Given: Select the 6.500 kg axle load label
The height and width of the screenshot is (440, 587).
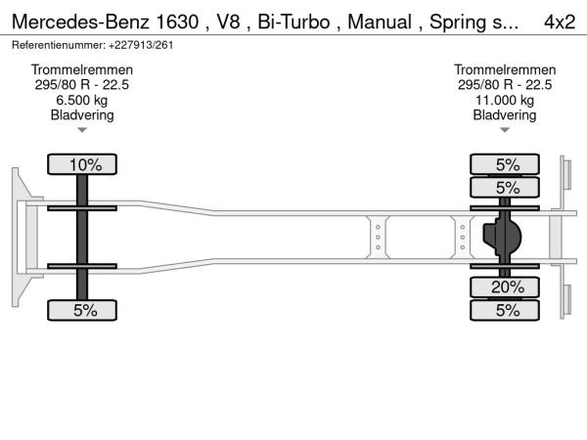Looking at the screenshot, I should pyautogui.click(x=82, y=100).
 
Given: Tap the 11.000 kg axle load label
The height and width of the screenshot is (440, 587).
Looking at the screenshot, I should pyautogui.click(x=505, y=100).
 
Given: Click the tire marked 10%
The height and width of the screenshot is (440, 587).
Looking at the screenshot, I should pyautogui.click(x=84, y=164).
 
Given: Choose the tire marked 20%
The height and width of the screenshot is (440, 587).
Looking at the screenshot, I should pyautogui.click(x=507, y=287).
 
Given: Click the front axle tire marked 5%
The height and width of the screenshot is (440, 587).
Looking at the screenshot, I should pyautogui.click(x=84, y=310).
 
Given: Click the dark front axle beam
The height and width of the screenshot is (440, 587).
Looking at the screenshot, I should pyautogui.click(x=83, y=238).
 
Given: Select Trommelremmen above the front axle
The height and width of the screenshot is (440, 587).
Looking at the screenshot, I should pyautogui.click(x=82, y=70).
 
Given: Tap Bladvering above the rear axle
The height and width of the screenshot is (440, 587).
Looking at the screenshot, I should pyautogui.click(x=505, y=114).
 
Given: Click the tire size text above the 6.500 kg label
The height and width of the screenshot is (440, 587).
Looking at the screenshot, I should pyautogui.click(x=82, y=85).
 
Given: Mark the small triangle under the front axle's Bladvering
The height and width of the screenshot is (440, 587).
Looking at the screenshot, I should pyautogui.click(x=82, y=130).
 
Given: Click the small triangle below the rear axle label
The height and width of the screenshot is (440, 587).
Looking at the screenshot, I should pyautogui.click(x=505, y=130).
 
